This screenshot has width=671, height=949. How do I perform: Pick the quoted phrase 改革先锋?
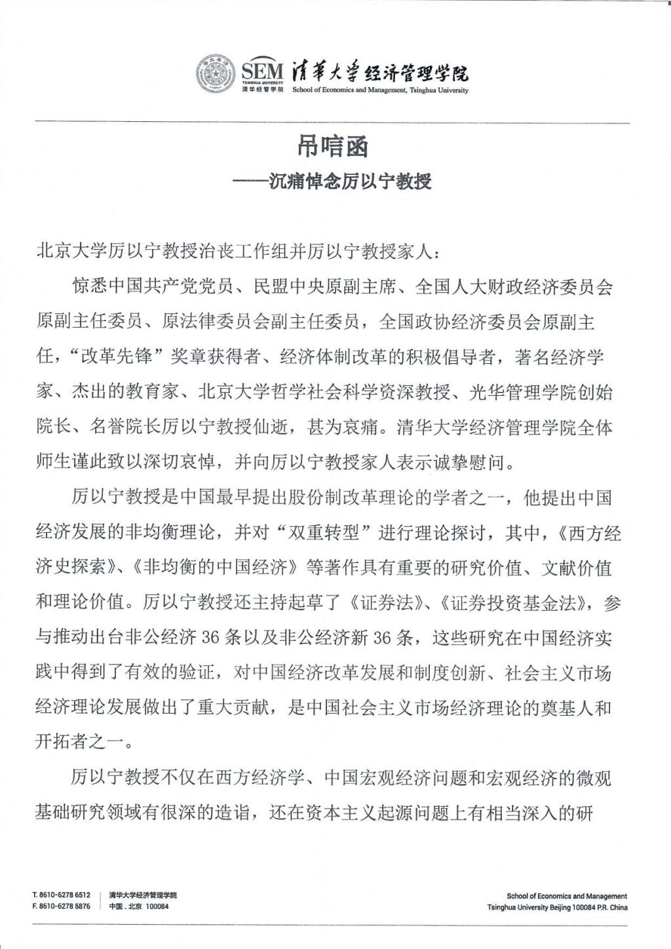125,358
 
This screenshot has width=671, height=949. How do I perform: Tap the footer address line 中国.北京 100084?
139,907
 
